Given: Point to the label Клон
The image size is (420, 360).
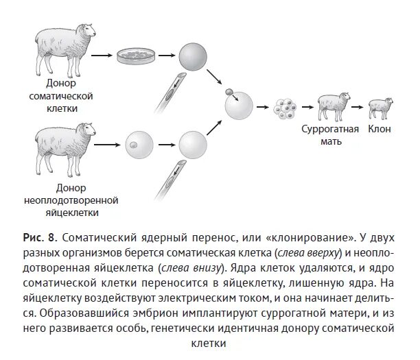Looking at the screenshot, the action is (380, 128).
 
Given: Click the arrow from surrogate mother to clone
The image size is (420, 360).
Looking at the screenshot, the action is (357, 106).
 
